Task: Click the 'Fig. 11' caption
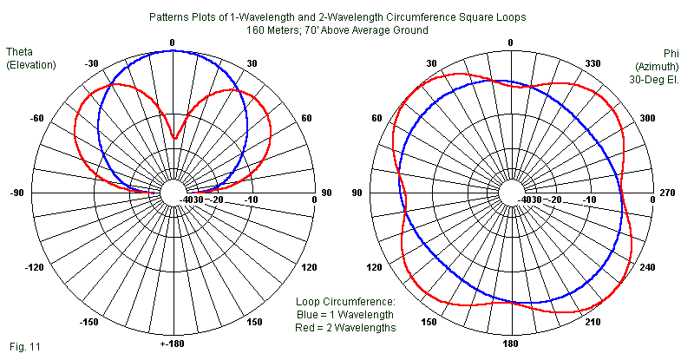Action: point(25,346)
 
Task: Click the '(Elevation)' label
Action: point(30,64)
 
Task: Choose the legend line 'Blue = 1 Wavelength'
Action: point(345,314)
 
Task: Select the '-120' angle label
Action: point(34,268)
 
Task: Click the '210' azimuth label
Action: point(593,323)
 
